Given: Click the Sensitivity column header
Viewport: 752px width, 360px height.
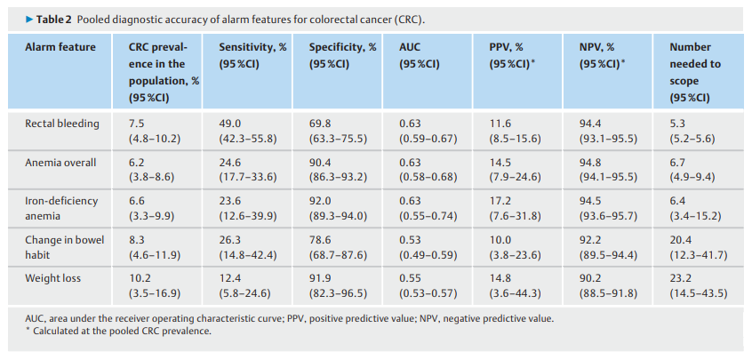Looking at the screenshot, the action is click(252, 56).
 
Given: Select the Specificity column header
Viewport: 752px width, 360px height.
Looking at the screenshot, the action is click(343, 56).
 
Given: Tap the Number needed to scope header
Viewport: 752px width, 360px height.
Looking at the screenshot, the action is click(695, 72).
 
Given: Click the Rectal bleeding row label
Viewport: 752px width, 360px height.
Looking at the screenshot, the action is click(62, 124).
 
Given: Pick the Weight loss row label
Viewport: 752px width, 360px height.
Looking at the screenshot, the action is click(52, 278).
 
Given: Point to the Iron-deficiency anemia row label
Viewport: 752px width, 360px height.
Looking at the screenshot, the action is click(61, 209).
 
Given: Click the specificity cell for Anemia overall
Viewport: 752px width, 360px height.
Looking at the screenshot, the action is click(338, 170).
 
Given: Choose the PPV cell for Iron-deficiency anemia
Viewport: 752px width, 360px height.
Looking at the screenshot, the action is click(515, 209).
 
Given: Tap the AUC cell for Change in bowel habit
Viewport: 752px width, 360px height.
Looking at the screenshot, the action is click(428, 247).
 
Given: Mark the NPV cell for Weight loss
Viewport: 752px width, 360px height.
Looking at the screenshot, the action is click(608, 286).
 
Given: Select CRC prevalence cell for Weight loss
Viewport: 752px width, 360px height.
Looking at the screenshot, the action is click(155, 286).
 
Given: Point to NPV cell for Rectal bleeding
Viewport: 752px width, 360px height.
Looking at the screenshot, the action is click(608, 132).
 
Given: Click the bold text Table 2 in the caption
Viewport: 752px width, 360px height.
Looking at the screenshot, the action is click(54, 20).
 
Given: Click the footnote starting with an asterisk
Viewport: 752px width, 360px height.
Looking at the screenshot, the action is click(118, 332).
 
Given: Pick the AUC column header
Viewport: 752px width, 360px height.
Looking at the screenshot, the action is click(420, 56).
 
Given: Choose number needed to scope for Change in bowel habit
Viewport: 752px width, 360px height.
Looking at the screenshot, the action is click(699, 247).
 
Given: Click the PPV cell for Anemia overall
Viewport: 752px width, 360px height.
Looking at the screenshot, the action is click(515, 170).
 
